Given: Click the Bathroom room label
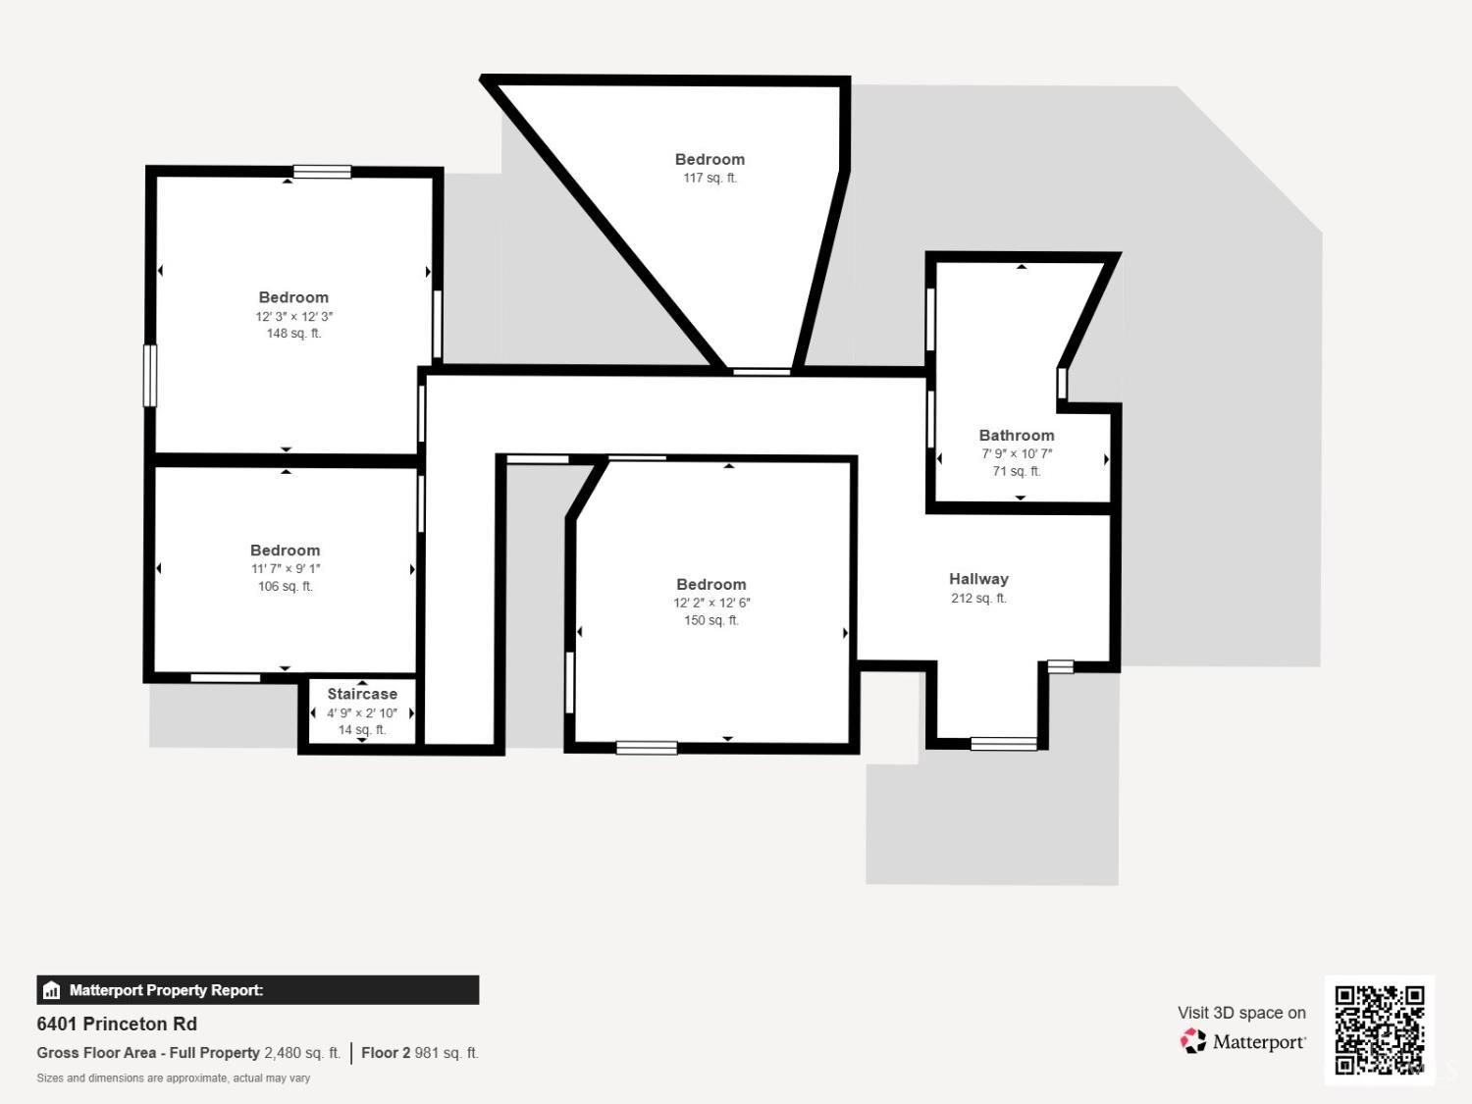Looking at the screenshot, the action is pos(1016,435).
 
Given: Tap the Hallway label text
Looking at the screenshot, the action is pos(978,578).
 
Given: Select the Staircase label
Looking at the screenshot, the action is pos(362,694).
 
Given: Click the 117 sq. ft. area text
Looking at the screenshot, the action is pos(710,178).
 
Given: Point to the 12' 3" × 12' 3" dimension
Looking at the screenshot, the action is pos(293,316).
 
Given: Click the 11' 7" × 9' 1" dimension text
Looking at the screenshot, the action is pos(286,568).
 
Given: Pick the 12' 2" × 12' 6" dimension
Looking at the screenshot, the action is pos(711,603).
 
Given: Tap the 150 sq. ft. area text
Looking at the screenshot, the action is pos(711,620).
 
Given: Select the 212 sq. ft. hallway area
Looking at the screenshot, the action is pos(978,598).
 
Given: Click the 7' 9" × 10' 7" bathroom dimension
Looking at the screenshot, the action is pos(1017,453).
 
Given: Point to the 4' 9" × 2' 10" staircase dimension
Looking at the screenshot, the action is pos(362,712).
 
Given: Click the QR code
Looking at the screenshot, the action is pos(1380,1029).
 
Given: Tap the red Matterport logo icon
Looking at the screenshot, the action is pos(1192,1041).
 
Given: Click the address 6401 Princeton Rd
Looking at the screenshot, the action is pos(117,1024).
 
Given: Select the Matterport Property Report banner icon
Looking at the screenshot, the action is pos(51,990).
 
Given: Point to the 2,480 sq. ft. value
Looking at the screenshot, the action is pos(302,1052).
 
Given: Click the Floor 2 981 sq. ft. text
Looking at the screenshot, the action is pos(420,1052).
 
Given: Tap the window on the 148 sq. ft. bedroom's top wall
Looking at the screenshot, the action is pos(322,172).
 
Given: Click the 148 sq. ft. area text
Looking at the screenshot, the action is pos(293,333).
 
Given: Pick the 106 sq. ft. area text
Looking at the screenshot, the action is pos(286,586).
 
